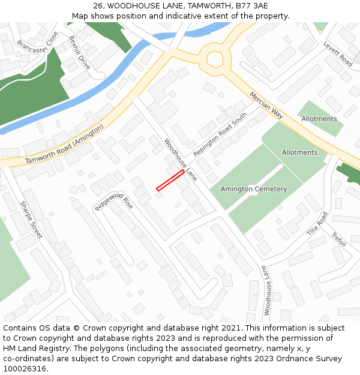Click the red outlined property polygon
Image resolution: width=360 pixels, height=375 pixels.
[170, 180]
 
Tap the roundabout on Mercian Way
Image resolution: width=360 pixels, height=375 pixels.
[215, 59]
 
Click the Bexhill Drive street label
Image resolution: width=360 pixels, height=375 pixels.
[79, 52]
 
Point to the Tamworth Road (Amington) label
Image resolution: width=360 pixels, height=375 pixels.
[65, 145]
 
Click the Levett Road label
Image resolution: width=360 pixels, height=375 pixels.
[338, 53]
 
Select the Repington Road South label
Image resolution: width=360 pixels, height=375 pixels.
[220, 135]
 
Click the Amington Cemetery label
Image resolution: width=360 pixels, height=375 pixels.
[254, 189]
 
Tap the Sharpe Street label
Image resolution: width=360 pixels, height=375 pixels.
[31, 220]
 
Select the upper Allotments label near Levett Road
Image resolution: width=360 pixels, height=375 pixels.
[319, 119]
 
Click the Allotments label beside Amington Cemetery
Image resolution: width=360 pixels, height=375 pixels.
[299, 152]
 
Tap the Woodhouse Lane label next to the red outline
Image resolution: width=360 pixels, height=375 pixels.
[181, 160]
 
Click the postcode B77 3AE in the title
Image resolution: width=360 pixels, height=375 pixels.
[251, 6]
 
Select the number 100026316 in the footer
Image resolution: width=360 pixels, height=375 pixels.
[25, 368]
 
